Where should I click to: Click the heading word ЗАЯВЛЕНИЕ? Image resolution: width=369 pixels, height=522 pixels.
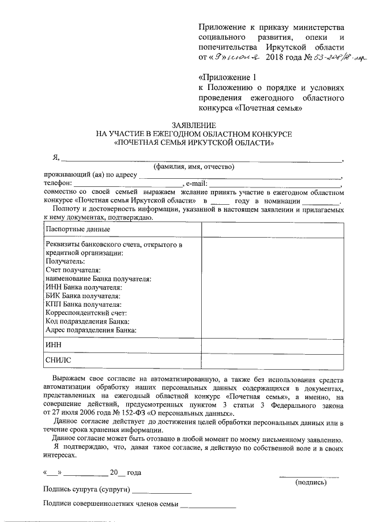coord(194,125)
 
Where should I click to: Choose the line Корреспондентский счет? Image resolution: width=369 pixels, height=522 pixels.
coord(82,313)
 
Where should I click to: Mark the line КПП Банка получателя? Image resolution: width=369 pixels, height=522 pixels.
coord(83,304)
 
